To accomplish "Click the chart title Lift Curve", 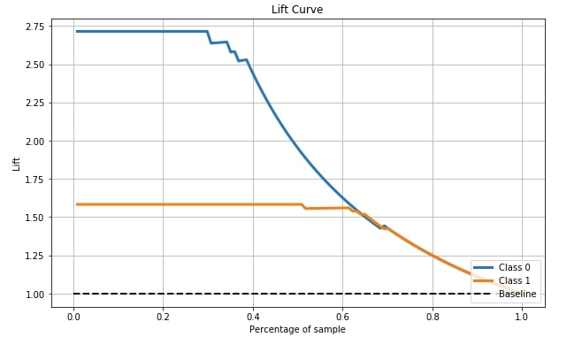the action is tap(297, 9).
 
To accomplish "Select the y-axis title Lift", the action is tap(16, 164).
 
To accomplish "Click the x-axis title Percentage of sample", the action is tap(297, 330).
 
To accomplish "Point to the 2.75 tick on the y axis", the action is tap(34, 27).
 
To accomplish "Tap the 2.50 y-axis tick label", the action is tap(34, 65).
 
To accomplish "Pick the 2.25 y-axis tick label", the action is tap(34, 103).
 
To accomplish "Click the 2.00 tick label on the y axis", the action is tap(34, 142).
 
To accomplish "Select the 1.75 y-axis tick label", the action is tap(34, 180).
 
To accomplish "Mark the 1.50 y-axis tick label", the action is tap(34, 218).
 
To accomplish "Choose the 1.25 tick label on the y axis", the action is tap(34, 256).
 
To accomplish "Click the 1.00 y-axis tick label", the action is tap(34, 295).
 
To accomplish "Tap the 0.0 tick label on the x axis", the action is tap(73, 317).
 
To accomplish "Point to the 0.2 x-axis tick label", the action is tap(163, 317).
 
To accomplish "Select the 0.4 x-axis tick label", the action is tap(253, 317).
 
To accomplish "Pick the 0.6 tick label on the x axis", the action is tap(342, 317).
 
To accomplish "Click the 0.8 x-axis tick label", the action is tap(433, 317).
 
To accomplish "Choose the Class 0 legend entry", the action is tap(502, 267).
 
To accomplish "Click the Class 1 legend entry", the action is tap(502, 280).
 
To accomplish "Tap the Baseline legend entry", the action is tap(505, 294).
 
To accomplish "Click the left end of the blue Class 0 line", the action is tap(76, 32).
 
